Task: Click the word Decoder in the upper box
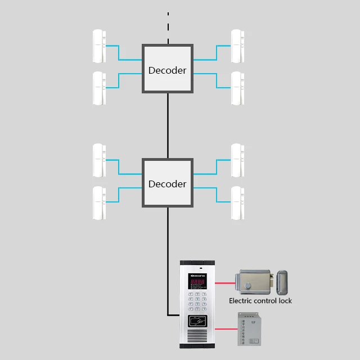pos(167,70)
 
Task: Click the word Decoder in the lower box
pos(167,184)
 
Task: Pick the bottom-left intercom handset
pos(99,203)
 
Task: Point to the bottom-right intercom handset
pos(237,203)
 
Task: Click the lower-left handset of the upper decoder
pos(99,88)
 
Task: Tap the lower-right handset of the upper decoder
pos(237,88)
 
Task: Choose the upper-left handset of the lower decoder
pos(99,160)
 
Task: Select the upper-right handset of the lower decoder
pos(237,160)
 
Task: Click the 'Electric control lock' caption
pos(260,301)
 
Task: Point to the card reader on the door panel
pos(197,324)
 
